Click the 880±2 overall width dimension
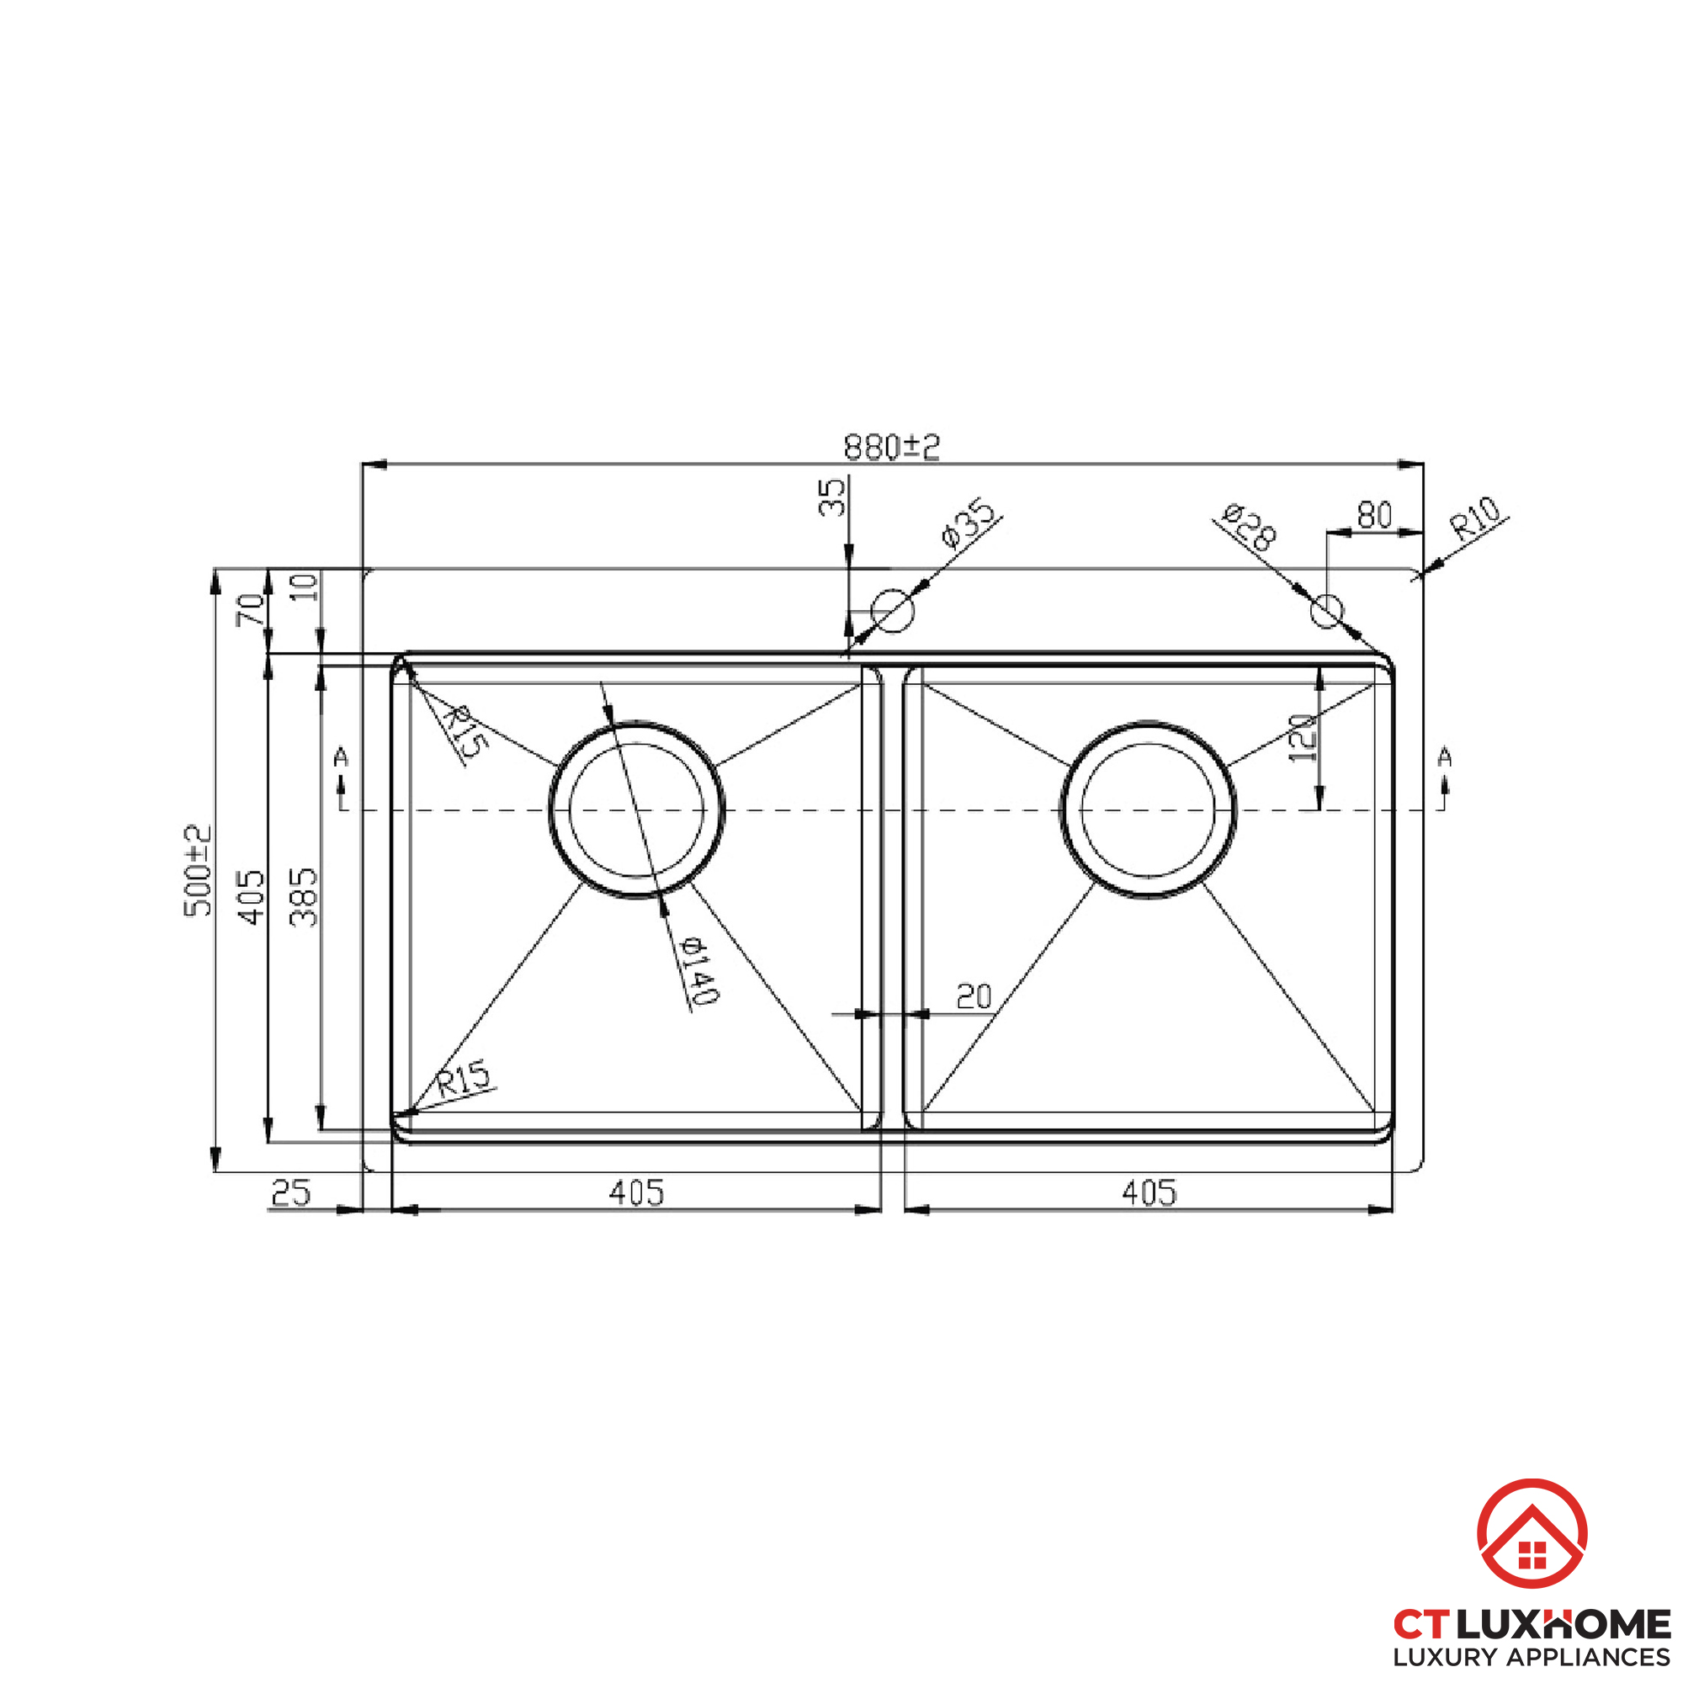(891, 447)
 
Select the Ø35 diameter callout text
(968, 523)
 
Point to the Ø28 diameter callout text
(1249, 526)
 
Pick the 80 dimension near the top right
(1375, 516)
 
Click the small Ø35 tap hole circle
(893, 610)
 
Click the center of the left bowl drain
(636, 810)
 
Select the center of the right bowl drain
(1148, 810)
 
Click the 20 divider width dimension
(973, 996)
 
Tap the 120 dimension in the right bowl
(1301, 738)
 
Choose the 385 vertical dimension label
(305, 896)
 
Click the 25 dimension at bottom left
(291, 1192)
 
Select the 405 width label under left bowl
(636, 1192)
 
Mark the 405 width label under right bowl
(1149, 1192)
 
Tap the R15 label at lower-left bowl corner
(464, 1080)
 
